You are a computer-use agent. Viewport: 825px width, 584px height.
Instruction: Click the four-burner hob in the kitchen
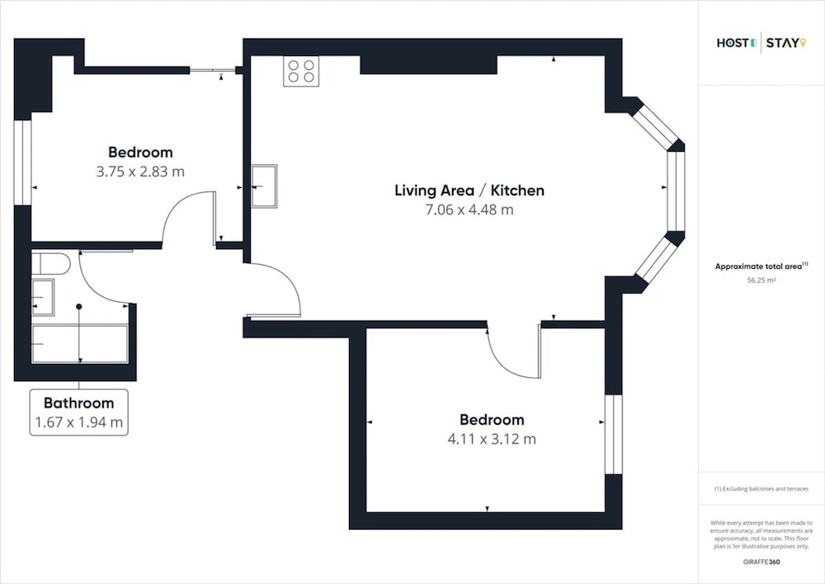(301, 71)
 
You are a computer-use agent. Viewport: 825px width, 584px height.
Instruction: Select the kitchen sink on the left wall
(264, 186)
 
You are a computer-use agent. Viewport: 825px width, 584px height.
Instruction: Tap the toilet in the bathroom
(51, 263)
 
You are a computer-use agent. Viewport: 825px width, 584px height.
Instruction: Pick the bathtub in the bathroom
(80, 344)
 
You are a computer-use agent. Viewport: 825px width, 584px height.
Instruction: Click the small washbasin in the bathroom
(43, 297)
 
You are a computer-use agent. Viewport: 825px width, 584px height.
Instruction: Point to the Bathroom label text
(79, 403)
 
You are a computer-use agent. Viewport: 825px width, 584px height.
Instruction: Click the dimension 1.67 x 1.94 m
(79, 422)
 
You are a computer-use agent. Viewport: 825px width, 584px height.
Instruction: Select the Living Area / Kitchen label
(469, 191)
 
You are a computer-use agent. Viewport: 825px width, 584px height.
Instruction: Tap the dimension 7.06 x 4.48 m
(469, 210)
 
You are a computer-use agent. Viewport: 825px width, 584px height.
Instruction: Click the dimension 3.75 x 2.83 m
(140, 172)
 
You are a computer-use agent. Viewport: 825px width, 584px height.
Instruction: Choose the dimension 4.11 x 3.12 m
(492, 439)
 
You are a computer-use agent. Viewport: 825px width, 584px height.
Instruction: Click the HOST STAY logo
(761, 43)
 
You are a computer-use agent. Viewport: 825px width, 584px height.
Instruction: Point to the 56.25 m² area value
(761, 280)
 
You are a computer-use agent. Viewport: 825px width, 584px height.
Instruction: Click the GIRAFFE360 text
(761, 562)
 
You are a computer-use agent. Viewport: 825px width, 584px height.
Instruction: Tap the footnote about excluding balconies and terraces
(761, 489)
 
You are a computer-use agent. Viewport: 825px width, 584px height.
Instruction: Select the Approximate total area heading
(761, 266)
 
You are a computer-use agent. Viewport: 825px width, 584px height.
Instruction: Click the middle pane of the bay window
(676, 191)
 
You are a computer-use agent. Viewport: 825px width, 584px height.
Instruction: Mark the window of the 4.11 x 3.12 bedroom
(614, 434)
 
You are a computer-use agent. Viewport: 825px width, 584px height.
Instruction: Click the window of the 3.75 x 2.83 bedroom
(22, 162)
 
